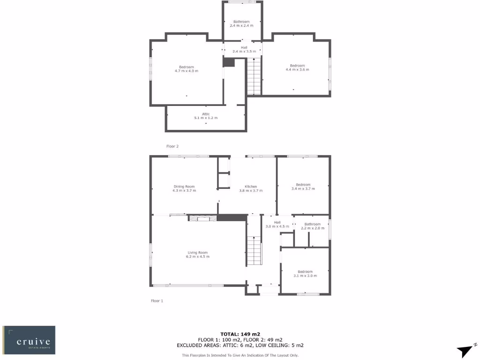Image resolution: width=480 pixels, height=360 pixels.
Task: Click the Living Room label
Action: point(198,253)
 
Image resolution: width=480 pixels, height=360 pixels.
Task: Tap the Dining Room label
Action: point(184,187)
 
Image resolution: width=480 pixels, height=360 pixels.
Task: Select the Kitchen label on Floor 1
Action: point(251,187)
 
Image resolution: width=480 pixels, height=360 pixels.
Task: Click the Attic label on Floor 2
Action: point(206,114)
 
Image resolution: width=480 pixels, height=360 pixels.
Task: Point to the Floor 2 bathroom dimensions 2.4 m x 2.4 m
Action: point(241,25)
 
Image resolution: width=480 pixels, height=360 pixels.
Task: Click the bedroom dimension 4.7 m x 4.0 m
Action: point(186,71)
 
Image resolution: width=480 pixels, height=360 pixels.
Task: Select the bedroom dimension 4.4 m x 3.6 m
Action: point(297,69)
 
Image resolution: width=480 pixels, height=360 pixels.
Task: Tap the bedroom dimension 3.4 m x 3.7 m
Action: point(303,188)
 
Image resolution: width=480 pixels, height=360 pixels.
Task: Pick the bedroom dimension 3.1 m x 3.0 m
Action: point(305,276)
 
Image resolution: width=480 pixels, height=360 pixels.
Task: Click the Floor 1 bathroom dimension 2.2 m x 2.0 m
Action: point(313,228)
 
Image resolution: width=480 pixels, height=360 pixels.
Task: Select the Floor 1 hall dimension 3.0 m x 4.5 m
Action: point(277,226)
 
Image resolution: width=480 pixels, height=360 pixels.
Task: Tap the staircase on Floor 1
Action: point(254,250)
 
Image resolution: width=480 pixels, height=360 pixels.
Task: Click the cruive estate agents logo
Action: point(29,340)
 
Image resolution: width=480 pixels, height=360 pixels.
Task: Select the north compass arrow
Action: point(466,350)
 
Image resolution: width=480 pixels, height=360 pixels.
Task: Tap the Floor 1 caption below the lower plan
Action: point(157,300)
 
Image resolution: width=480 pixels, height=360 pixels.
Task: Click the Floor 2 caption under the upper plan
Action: point(172,146)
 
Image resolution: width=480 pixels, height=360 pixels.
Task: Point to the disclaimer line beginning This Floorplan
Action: point(240,355)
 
